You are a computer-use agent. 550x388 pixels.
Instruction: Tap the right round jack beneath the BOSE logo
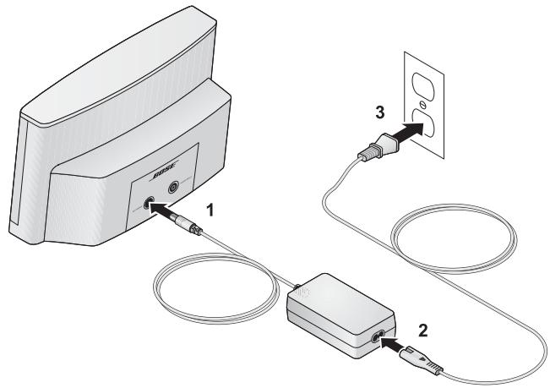(172, 188)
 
